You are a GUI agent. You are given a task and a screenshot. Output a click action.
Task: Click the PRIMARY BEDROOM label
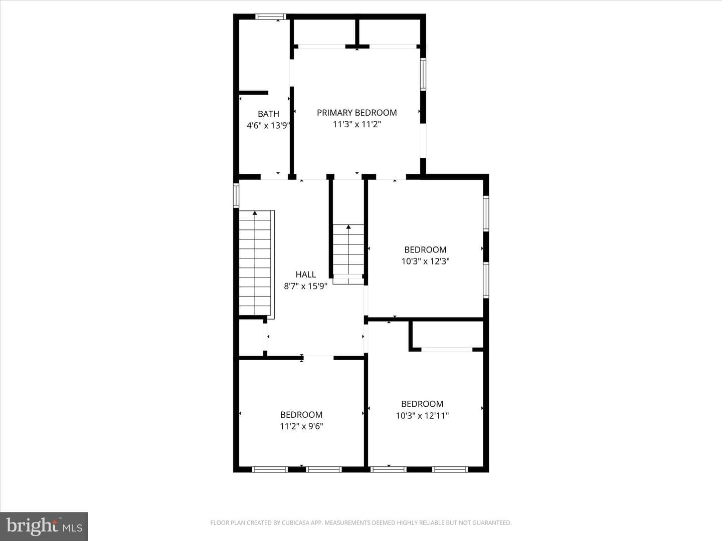[356, 113]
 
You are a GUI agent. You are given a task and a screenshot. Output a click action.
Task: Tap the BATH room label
[268, 114]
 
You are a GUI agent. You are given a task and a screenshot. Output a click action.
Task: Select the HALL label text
[305, 275]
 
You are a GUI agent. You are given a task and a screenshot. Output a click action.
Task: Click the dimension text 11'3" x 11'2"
[357, 125]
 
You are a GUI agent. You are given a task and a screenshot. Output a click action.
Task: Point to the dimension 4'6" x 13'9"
[268, 125]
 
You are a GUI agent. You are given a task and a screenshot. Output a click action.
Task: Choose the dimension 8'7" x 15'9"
[305, 286]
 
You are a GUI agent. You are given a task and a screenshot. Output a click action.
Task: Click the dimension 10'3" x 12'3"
[425, 261]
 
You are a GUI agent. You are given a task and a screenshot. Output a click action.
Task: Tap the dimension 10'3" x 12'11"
[422, 416]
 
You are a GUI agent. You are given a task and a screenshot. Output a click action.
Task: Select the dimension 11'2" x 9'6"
[301, 426]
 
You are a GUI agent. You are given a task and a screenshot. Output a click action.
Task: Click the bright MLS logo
[44, 526]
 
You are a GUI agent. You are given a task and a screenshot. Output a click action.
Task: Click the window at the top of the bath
[271, 17]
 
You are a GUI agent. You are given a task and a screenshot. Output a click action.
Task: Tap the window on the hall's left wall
[236, 195]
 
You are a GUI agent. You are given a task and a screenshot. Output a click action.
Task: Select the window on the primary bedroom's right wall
[423, 74]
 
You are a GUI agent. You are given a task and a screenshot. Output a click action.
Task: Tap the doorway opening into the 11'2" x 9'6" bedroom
[318, 358]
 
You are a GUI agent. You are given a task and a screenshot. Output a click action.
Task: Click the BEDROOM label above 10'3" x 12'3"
[425, 249]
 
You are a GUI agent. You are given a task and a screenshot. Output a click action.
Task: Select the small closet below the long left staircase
[251, 337]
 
